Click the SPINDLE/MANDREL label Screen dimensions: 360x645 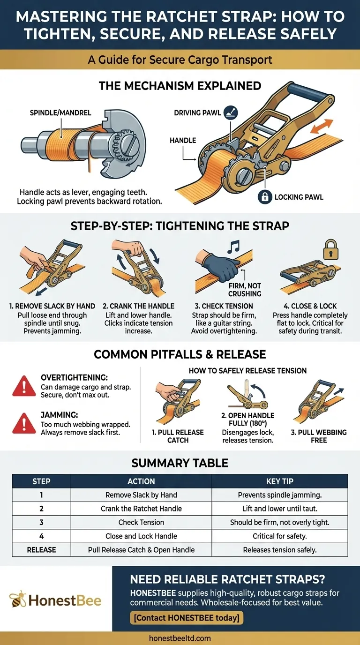(60, 112)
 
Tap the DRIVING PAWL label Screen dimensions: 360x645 (197, 112)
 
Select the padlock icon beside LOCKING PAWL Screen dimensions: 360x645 (265, 197)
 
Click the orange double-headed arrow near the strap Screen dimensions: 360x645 (322, 126)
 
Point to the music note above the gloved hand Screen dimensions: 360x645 (233, 247)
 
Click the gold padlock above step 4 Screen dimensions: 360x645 (330, 249)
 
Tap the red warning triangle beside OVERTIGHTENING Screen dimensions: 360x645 (24, 386)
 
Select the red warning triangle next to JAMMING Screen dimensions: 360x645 (24, 423)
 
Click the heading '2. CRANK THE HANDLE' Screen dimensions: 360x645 (139, 306)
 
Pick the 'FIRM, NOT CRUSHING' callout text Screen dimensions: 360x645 (245, 290)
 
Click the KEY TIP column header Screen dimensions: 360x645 (280, 481)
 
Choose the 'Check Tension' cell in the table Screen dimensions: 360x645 (141, 522)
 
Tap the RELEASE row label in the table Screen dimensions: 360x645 (41, 550)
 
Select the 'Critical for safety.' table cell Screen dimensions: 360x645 (280, 536)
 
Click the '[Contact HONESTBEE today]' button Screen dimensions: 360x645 (187, 618)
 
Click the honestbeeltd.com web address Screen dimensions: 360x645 (180, 638)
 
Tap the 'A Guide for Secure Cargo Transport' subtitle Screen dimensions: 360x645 (180, 60)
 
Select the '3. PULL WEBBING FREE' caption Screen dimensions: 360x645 (319, 436)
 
